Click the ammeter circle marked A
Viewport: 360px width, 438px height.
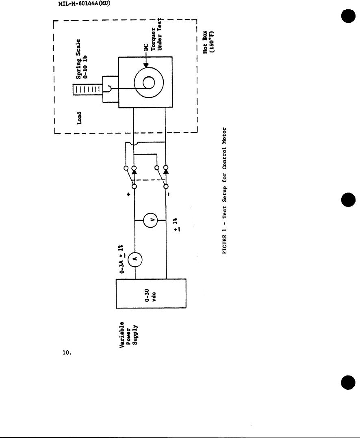tap(134, 259)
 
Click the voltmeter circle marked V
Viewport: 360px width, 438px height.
tap(150, 220)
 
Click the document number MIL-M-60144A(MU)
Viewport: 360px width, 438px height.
tap(85, 4)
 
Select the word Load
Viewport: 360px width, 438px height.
tap(80, 118)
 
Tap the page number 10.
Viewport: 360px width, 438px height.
tap(67, 353)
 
